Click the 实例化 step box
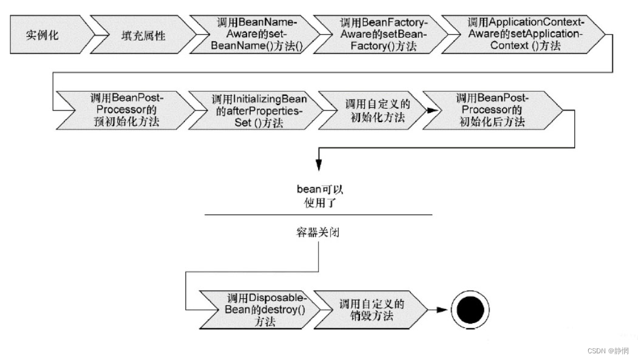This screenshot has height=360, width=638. click(x=42, y=35)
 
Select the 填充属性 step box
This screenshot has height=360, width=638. click(x=139, y=35)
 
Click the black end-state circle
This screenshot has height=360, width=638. click(x=471, y=310)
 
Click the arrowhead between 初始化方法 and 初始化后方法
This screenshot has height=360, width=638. click(x=431, y=110)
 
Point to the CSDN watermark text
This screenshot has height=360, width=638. click(x=608, y=351)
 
